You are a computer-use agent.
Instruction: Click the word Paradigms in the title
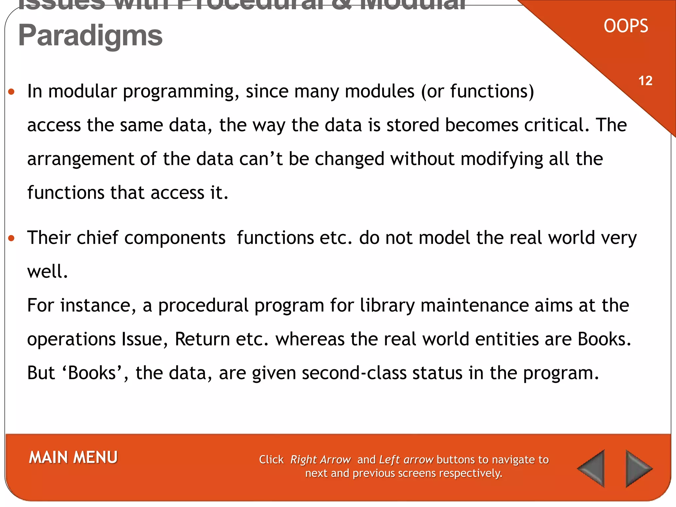coord(90,36)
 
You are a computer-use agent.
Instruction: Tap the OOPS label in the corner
coord(626,26)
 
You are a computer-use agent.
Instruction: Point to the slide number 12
coord(645,81)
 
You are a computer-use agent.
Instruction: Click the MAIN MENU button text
coord(73,457)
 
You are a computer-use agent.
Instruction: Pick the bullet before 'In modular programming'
coord(12,92)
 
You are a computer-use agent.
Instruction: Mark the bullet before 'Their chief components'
coord(12,238)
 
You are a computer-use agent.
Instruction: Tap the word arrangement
coord(81,159)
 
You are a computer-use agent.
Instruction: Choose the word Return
coord(202,339)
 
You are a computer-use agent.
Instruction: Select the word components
coord(175,238)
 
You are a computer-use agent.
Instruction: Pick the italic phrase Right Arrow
coord(320,459)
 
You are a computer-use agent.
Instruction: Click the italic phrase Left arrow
coord(406,459)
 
